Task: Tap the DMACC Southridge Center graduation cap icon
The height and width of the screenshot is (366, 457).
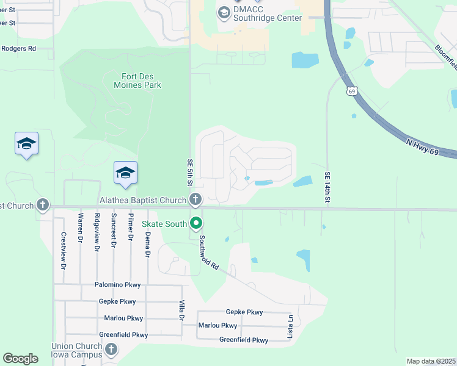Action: pos(224,12)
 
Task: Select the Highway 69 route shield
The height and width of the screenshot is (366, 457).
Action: pos(352,91)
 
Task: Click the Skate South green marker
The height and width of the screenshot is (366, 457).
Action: pos(196,224)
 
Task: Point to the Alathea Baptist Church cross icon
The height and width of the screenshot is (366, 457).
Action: pos(196,199)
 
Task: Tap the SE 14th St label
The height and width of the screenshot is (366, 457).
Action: pos(327,188)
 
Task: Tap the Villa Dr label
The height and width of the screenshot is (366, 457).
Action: pos(181,310)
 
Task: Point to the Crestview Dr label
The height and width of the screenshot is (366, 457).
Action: pos(63,250)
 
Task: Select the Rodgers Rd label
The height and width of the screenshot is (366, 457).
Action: pos(18,48)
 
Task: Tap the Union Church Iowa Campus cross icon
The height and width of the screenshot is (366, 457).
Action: pos(111,349)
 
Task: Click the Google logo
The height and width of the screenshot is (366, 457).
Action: pos(20,359)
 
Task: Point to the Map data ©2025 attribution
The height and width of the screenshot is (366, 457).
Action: pos(431,361)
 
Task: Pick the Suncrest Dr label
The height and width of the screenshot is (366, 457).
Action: pos(113,231)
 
